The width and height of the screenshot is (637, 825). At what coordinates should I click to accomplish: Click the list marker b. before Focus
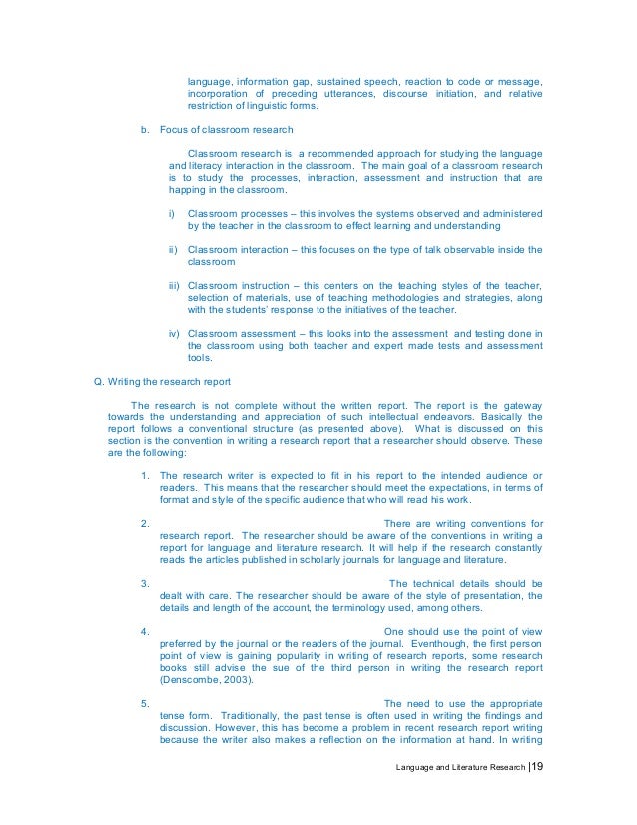[x=145, y=129]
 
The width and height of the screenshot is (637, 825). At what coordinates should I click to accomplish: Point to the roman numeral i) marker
[x=173, y=214]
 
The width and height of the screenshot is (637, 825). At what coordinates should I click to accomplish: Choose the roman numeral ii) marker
[x=174, y=249]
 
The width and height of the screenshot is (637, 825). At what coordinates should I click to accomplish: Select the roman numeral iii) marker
[x=175, y=285]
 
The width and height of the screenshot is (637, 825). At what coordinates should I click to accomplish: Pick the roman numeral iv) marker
[x=175, y=332]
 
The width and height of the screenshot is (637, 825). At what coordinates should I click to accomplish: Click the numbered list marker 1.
[x=147, y=474]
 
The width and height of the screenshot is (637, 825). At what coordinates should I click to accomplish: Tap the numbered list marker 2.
[x=147, y=523]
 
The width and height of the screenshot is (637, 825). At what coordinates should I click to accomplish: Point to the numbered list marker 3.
[x=147, y=583]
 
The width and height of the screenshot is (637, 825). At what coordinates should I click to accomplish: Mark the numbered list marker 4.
[x=147, y=631]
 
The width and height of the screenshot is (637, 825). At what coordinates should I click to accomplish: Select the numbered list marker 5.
[x=147, y=703]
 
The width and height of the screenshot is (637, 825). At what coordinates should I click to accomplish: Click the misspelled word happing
[x=190, y=190]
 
